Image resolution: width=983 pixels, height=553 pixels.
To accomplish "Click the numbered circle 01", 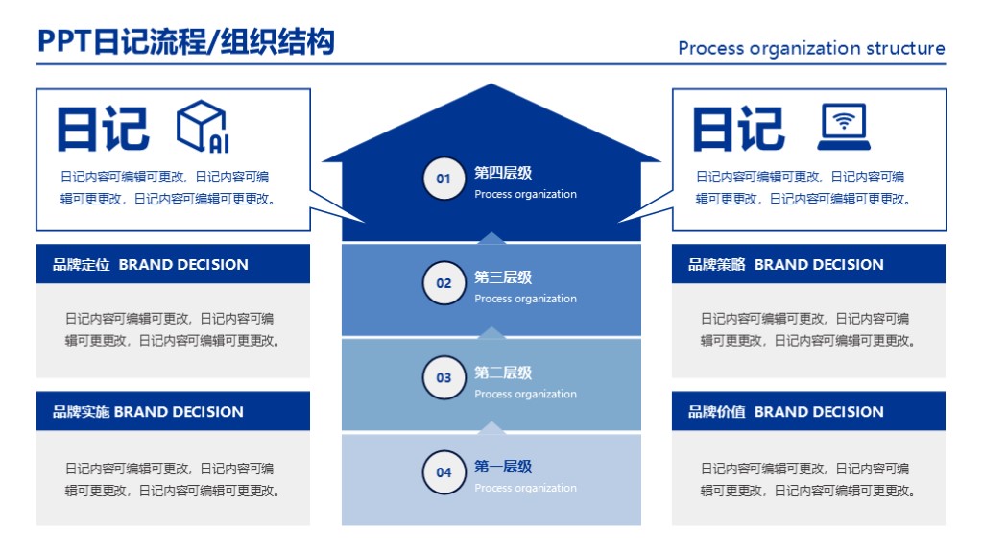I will (444, 180).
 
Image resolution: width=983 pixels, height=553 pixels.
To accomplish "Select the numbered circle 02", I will (444, 283).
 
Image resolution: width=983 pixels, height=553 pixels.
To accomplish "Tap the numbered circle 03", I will (444, 377).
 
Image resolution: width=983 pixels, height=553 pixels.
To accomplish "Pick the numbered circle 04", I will (444, 472).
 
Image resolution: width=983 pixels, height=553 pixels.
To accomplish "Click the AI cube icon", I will (202, 128).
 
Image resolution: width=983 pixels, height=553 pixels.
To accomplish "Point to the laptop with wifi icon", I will (844, 128).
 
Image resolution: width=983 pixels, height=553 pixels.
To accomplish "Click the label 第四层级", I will (503, 174).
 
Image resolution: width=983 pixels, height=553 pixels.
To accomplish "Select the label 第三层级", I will (503, 277).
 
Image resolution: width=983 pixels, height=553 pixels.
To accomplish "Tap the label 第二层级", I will (503, 373).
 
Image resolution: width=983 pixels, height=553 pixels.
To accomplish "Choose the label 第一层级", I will (503, 467).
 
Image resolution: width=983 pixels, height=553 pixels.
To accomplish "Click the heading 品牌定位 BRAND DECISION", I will (151, 265).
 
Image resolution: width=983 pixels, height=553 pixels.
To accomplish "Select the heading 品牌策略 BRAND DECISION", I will (785, 265).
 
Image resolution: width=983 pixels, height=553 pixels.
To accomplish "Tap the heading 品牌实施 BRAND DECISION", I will (148, 412).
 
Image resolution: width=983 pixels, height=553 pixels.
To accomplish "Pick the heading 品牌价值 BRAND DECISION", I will (785, 412).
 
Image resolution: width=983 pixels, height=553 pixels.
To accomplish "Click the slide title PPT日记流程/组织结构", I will (186, 42).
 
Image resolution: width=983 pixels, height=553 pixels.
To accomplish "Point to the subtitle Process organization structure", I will (811, 48).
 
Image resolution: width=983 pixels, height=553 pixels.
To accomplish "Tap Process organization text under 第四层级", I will (525, 195).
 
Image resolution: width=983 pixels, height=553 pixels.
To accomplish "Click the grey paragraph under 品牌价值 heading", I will (807, 480).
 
